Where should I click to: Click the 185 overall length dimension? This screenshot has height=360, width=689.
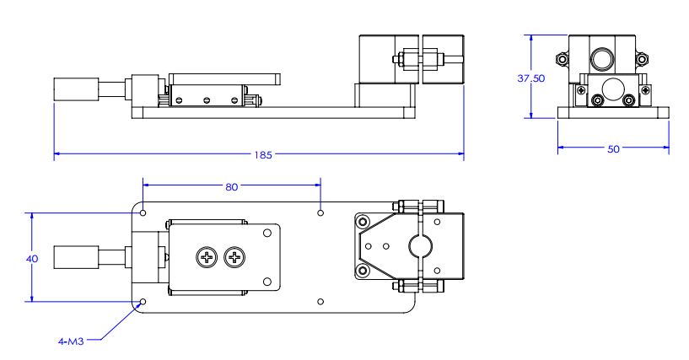(x=262, y=155)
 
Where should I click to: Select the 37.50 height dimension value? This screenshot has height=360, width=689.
(x=530, y=77)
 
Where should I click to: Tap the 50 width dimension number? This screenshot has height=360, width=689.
(x=613, y=148)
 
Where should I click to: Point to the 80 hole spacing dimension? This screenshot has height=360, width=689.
(x=231, y=187)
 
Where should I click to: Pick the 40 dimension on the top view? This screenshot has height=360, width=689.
(x=32, y=259)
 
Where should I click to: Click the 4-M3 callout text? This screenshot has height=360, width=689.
(x=70, y=341)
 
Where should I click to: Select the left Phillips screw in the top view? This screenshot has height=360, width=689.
(x=206, y=257)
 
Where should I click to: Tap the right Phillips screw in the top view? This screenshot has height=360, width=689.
(x=234, y=257)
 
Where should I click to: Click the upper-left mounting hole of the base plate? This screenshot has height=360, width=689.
(x=143, y=212)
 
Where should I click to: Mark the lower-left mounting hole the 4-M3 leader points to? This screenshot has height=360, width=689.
(x=143, y=301)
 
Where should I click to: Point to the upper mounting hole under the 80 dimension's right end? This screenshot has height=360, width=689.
(x=320, y=212)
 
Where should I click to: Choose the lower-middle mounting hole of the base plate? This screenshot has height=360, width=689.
(x=320, y=301)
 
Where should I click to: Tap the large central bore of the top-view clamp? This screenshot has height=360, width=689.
(x=419, y=247)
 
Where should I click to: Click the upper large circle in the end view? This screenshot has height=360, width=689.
(x=601, y=58)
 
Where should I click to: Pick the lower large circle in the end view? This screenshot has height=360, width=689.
(x=613, y=88)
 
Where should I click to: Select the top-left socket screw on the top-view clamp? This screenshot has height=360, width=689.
(x=363, y=222)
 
